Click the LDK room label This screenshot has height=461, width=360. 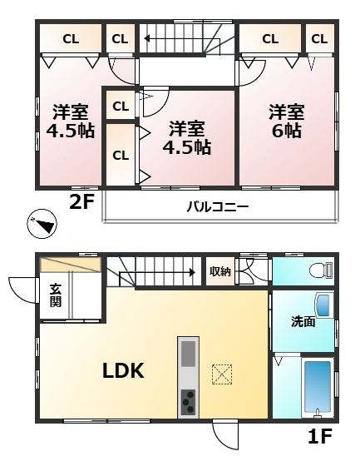(123, 370)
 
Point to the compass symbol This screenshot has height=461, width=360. (42, 224)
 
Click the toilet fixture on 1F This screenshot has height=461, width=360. (320, 270)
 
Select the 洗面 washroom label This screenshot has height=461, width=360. (303, 321)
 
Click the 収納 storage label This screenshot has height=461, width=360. (219, 270)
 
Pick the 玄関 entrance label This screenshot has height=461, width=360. (55, 295)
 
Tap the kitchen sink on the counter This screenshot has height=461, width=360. (189, 352)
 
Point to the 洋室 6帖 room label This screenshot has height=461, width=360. (285, 121)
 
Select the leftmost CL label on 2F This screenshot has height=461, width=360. (70, 38)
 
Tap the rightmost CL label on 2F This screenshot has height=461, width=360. (319, 38)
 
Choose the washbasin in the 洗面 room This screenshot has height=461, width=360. (323, 305)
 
